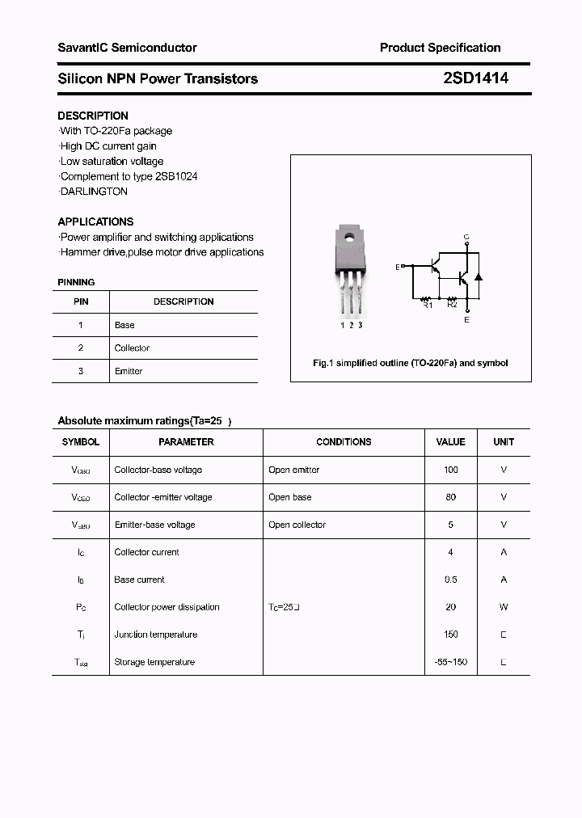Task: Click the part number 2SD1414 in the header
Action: [475, 78]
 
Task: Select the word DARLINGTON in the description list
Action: [94, 192]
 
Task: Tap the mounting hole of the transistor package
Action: [350, 238]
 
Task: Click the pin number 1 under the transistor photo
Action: [342, 325]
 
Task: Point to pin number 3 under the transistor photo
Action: [360, 325]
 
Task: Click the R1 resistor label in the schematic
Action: [428, 305]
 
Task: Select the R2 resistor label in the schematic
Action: [452, 305]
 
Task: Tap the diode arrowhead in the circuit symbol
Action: [478, 276]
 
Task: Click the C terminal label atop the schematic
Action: [466, 237]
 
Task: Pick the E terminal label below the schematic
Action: [466, 320]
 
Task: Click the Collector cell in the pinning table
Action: [132, 348]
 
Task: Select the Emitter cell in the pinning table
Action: [129, 371]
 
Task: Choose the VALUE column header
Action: [450, 442]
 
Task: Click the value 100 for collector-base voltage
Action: [450, 470]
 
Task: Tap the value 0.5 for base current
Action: [450, 580]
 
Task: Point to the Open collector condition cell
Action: [297, 525]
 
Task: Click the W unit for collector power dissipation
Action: [504, 607]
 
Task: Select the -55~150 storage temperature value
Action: [450, 662]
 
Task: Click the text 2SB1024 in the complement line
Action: [176, 176]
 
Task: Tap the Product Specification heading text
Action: [440, 48]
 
